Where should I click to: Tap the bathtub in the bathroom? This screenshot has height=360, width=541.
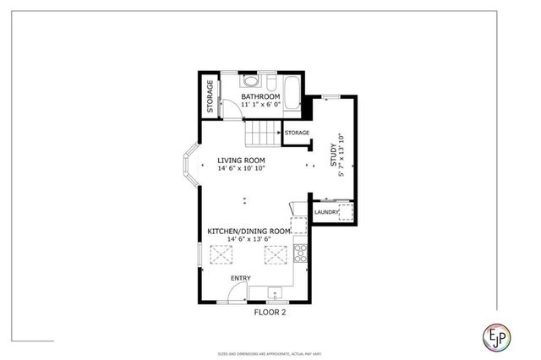tap(291, 94)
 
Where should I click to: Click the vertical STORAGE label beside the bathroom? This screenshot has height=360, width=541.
tap(210, 96)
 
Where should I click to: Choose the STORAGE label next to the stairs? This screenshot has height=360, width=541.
tap(297, 133)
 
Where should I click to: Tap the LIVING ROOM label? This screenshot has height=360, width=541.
tap(241, 160)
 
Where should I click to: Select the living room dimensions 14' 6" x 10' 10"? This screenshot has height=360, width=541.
tap(241, 169)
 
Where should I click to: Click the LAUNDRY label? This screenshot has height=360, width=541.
tap(326, 211)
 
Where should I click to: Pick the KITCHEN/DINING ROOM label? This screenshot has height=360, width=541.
tap(249, 231)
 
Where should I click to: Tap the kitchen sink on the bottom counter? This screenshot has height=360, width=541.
tap(276, 293)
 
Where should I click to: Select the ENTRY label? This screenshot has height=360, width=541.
tap(241, 278)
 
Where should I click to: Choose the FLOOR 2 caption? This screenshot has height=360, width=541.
tap(270, 312)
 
